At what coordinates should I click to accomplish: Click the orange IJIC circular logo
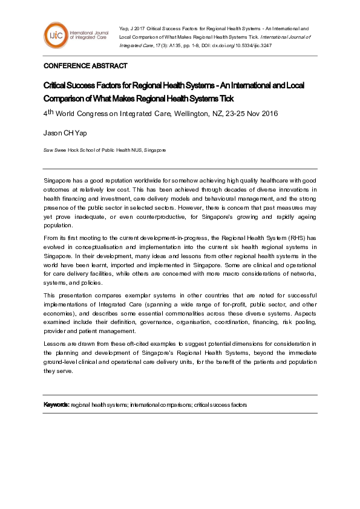click(x=56, y=34)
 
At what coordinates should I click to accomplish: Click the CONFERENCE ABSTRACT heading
click(x=85, y=66)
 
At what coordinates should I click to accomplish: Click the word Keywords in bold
click(x=56, y=404)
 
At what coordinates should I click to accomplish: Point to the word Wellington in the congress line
click(x=190, y=114)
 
